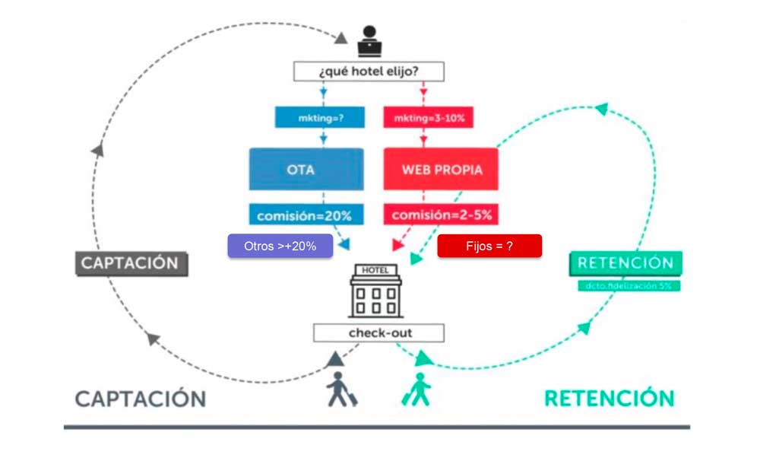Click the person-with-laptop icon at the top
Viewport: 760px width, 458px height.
(x=369, y=41)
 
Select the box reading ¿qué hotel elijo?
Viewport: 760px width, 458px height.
(x=369, y=72)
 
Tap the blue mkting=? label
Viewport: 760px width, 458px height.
(x=320, y=117)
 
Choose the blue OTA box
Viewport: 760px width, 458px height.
(x=302, y=169)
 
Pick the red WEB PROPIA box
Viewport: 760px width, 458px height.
(x=440, y=169)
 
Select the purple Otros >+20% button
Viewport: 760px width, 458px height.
(x=280, y=246)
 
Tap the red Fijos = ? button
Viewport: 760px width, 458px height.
(x=489, y=246)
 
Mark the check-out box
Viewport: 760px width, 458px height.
(x=378, y=333)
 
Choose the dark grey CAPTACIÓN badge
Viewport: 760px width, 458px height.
(x=130, y=264)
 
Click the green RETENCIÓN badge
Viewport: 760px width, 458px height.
(x=625, y=263)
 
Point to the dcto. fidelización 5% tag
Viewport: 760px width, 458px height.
(x=625, y=286)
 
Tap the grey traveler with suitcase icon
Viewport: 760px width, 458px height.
(x=340, y=388)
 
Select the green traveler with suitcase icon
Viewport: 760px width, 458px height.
(x=416, y=388)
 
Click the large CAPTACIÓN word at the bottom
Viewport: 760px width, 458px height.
(x=141, y=398)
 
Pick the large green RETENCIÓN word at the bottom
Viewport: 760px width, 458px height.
(x=609, y=398)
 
